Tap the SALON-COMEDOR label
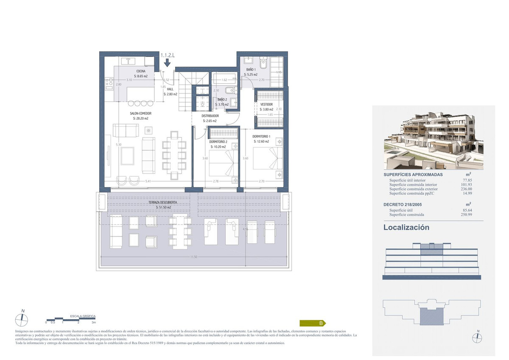click(x=140, y=113)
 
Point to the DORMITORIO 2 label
click(x=218, y=141)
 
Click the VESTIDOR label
click(x=266, y=104)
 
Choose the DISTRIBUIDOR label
click(x=210, y=115)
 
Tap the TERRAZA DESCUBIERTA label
click(x=159, y=203)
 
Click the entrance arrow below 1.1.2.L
click(x=167, y=63)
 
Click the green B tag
click(x=313, y=323)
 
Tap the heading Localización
click(x=406, y=228)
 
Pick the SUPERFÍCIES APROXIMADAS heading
click(x=413, y=174)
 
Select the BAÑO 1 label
click(x=251, y=69)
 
